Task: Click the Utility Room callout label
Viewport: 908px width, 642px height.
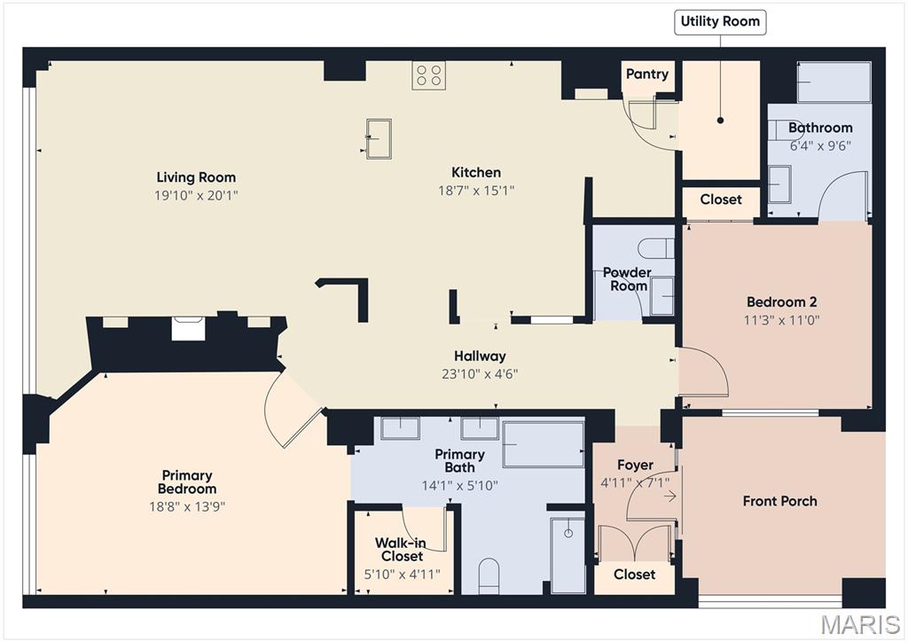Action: click(x=720, y=22)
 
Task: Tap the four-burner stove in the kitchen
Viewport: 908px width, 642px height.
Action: click(x=429, y=75)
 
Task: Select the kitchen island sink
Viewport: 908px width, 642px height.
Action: click(x=379, y=138)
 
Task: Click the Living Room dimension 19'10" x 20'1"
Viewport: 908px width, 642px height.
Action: click(x=196, y=195)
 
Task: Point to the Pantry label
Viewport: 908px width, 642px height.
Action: click(x=647, y=74)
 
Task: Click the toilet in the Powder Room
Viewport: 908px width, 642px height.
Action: click(x=656, y=248)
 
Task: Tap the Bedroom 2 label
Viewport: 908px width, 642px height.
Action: click(x=782, y=301)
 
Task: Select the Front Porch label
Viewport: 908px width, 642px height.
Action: click(x=780, y=501)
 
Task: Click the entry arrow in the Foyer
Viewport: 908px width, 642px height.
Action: click(x=670, y=496)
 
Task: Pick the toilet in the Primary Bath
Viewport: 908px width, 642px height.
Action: click(x=489, y=576)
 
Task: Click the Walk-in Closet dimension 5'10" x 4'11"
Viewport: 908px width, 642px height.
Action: click(x=402, y=575)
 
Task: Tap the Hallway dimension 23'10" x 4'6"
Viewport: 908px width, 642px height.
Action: click(x=480, y=374)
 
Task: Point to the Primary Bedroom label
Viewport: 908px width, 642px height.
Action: click(x=187, y=481)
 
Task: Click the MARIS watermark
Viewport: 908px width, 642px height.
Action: click(x=860, y=625)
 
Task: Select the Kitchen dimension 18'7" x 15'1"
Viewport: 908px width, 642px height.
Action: click(x=476, y=191)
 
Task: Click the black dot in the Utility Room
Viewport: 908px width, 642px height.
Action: click(x=720, y=121)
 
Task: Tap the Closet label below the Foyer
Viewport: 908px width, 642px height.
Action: click(x=635, y=575)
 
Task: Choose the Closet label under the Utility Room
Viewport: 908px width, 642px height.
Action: click(x=721, y=200)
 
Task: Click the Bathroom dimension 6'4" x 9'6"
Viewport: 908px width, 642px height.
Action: click(x=820, y=146)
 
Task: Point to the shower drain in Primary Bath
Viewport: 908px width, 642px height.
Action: click(x=568, y=533)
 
